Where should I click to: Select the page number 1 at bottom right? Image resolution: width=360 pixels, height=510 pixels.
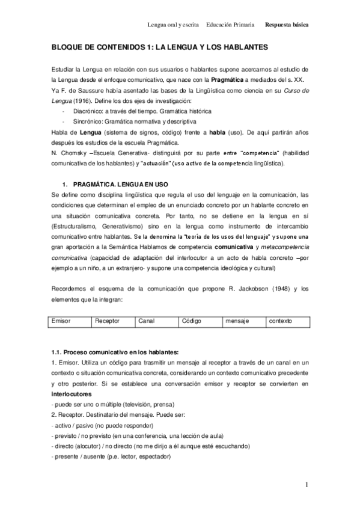306,484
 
